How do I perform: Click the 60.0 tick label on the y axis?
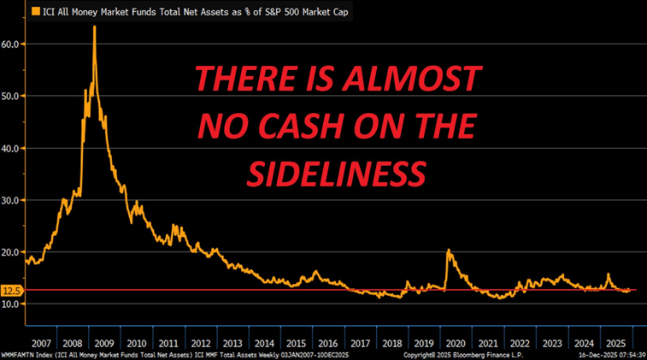click(11, 44)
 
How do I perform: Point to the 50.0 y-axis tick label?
click(11, 96)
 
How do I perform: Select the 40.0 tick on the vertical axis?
click(11, 148)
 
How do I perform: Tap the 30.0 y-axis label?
click(11, 200)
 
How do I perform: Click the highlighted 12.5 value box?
click(11, 291)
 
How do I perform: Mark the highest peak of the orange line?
click(94, 27)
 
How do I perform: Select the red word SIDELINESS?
click(336, 174)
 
